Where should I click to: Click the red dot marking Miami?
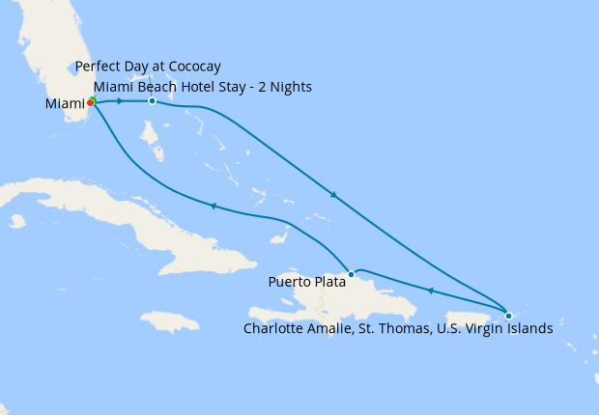click(x=90, y=102)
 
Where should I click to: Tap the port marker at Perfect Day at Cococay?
click(x=152, y=100)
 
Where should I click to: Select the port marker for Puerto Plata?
click(x=352, y=274)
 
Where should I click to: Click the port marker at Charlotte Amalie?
click(x=509, y=315)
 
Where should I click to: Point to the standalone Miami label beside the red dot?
click(x=65, y=103)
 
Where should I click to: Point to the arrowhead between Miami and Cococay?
click(x=119, y=100)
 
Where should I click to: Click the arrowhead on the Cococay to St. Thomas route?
click(x=333, y=195)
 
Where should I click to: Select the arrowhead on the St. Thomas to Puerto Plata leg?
click(x=429, y=290)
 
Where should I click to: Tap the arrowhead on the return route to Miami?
click(x=212, y=206)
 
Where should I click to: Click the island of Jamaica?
click(x=170, y=322)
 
